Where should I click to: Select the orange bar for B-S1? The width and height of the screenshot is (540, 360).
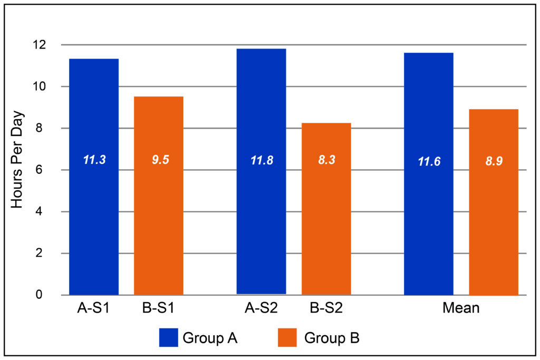click(159, 221)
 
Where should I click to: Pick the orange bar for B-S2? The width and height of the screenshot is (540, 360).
click(326, 227)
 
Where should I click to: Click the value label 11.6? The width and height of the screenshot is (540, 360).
click(428, 161)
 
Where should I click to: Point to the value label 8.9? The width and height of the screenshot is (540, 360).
click(494, 161)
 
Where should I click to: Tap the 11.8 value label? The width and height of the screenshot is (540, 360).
click(261, 160)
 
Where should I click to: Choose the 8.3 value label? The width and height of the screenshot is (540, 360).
click(326, 160)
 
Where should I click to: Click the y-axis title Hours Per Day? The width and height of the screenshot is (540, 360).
click(17, 159)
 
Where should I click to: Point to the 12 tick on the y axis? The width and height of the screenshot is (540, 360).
click(53, 45)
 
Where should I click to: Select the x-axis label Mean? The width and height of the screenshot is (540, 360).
click(460, 308)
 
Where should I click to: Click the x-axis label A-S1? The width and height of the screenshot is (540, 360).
click(93, 308)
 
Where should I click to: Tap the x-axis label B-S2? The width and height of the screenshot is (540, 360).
click(326, 308)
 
